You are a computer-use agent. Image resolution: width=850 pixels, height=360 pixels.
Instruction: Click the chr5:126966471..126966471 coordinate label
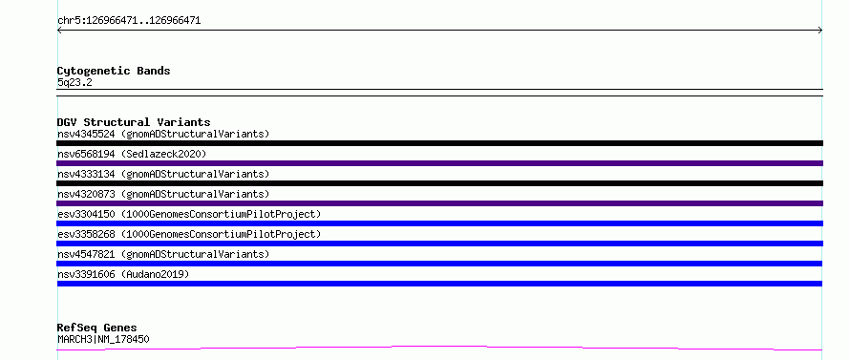129,21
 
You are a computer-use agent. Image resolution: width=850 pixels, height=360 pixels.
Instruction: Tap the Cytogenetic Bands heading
114,71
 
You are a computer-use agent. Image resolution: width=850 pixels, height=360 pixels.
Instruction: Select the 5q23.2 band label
74,82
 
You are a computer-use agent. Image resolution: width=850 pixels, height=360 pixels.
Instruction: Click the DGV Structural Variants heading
134,122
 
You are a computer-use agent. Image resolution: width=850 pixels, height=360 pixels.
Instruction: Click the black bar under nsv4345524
439,143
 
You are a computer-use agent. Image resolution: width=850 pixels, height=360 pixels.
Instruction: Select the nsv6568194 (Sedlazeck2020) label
132,154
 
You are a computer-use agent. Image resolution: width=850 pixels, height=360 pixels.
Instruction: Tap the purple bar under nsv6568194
439,163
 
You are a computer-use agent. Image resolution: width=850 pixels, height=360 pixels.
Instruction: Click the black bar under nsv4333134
439,183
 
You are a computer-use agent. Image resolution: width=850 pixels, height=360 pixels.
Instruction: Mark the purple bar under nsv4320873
439,203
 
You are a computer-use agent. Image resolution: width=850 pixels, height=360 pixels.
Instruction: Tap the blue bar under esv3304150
439,223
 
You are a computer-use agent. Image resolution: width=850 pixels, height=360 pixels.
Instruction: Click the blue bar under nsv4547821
439,264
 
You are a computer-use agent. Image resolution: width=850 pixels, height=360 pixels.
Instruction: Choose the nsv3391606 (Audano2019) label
123,274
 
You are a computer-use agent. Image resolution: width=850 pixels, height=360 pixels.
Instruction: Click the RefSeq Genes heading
96,328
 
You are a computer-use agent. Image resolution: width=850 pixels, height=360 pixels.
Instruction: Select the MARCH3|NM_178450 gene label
103,339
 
